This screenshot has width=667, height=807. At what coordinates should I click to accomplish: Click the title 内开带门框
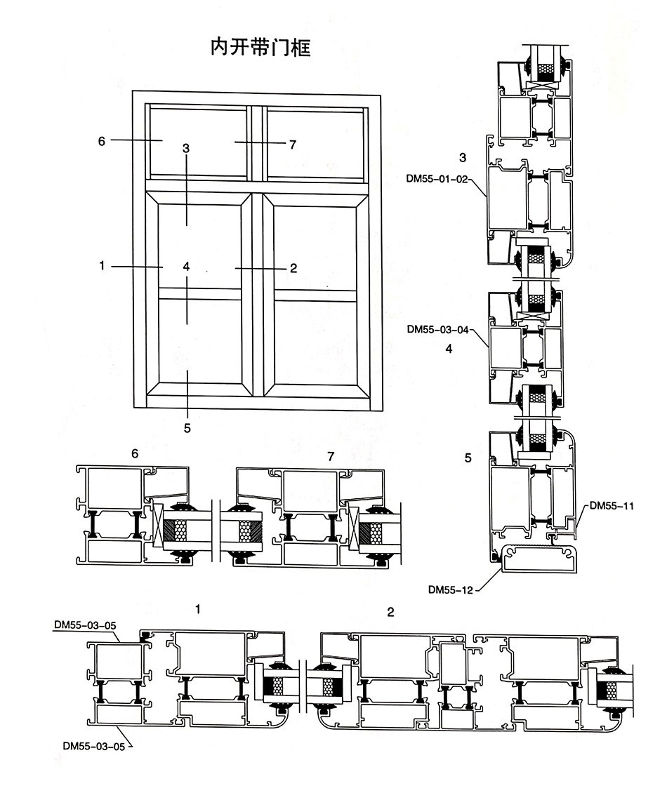click(260, 48)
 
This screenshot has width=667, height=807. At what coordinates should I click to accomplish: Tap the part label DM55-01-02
click(436, 178)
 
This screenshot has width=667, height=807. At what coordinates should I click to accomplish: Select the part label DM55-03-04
click(436, 328)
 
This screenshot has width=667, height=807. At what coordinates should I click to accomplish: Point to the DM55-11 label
click(612, 505)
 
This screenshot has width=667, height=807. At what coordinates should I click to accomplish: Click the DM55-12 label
click(451, 589)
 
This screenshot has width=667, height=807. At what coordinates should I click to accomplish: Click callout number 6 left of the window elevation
click(102, 141)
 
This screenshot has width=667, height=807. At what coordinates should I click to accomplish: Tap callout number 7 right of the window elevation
click(293, 145)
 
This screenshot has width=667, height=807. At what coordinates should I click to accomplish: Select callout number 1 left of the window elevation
click(102, 266)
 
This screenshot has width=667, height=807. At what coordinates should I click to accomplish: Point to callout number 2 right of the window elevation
click(293, 268)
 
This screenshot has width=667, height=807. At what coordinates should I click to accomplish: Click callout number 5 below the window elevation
click(187, 427)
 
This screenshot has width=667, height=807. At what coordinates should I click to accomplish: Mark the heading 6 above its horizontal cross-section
click(135, 454)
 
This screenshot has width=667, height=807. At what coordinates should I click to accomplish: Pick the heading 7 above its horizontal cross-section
click(331, 456)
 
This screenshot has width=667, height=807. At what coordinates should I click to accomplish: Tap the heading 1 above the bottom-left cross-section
click(198, 609)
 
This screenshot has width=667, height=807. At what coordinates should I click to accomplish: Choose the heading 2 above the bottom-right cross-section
click(390, 612)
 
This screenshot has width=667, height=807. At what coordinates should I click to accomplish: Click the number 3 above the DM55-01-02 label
click(463, 156)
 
